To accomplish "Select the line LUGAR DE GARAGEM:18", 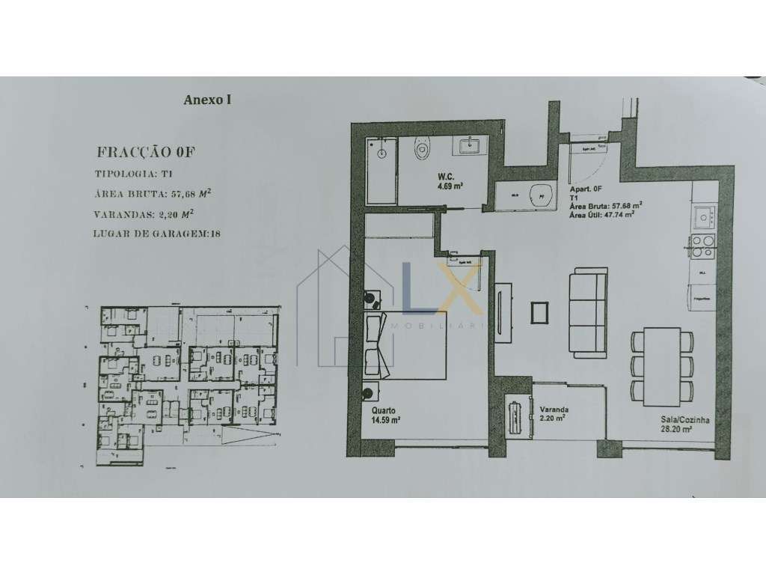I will tap(158, 234).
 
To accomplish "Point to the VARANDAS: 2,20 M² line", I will tap(150, 213).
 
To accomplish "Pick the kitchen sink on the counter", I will tap(703, 218).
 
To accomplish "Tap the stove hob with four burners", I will tap(702, 246).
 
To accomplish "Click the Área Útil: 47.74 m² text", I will tap(602, 213).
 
